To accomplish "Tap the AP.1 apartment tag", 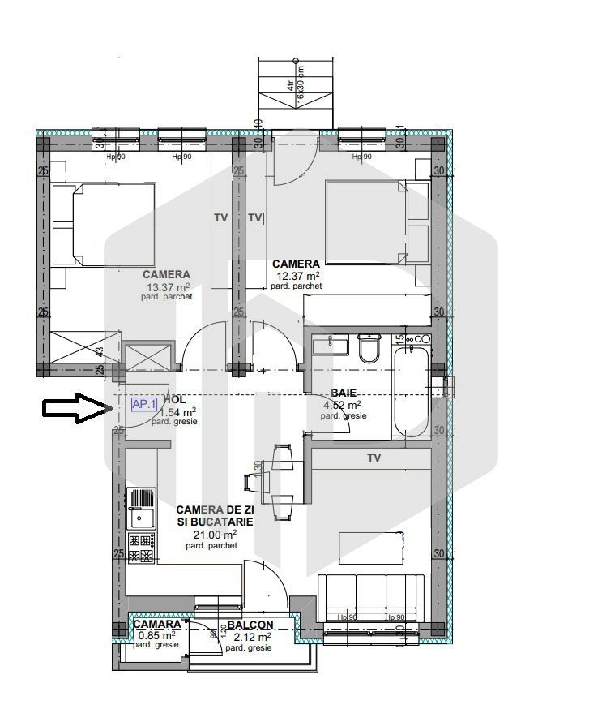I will [x=144, y=404].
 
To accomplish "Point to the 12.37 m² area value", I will [x=296, y=276].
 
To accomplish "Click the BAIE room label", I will [x=344, y=393].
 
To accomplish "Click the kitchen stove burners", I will [x=142, y=548].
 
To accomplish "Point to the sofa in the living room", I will [x=371, y=599].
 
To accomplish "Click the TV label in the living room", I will [x=374, y=458].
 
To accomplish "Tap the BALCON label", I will [x=250, y=625].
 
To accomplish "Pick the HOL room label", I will [x=174, y=400].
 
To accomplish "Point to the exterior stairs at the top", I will [x=295, y=92].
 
